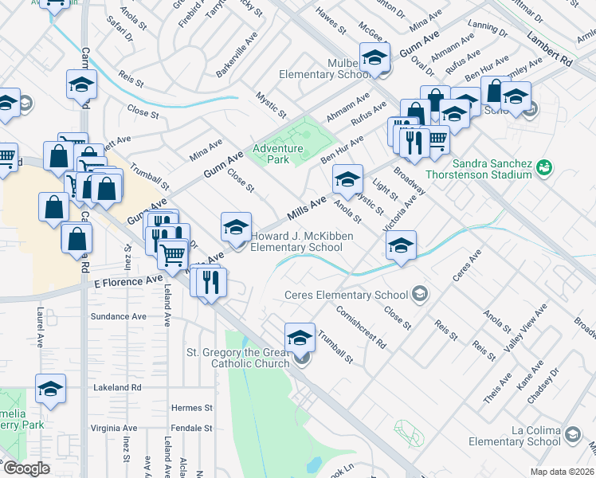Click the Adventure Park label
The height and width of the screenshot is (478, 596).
277,154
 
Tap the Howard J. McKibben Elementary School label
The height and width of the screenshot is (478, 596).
296,241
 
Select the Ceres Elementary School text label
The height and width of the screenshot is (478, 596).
346,296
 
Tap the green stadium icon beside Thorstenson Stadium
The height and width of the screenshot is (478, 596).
544,167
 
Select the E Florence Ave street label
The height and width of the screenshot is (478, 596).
127,282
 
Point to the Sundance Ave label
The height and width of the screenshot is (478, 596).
118,316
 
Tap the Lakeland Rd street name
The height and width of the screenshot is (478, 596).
116,387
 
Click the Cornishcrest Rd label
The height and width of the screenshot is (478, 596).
360,327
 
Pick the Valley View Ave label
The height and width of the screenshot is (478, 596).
526,330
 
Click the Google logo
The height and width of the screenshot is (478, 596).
26,468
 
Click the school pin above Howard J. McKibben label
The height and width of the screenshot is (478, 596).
236,228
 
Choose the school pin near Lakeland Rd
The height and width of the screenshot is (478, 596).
50,389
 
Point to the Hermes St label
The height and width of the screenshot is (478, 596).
192,407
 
